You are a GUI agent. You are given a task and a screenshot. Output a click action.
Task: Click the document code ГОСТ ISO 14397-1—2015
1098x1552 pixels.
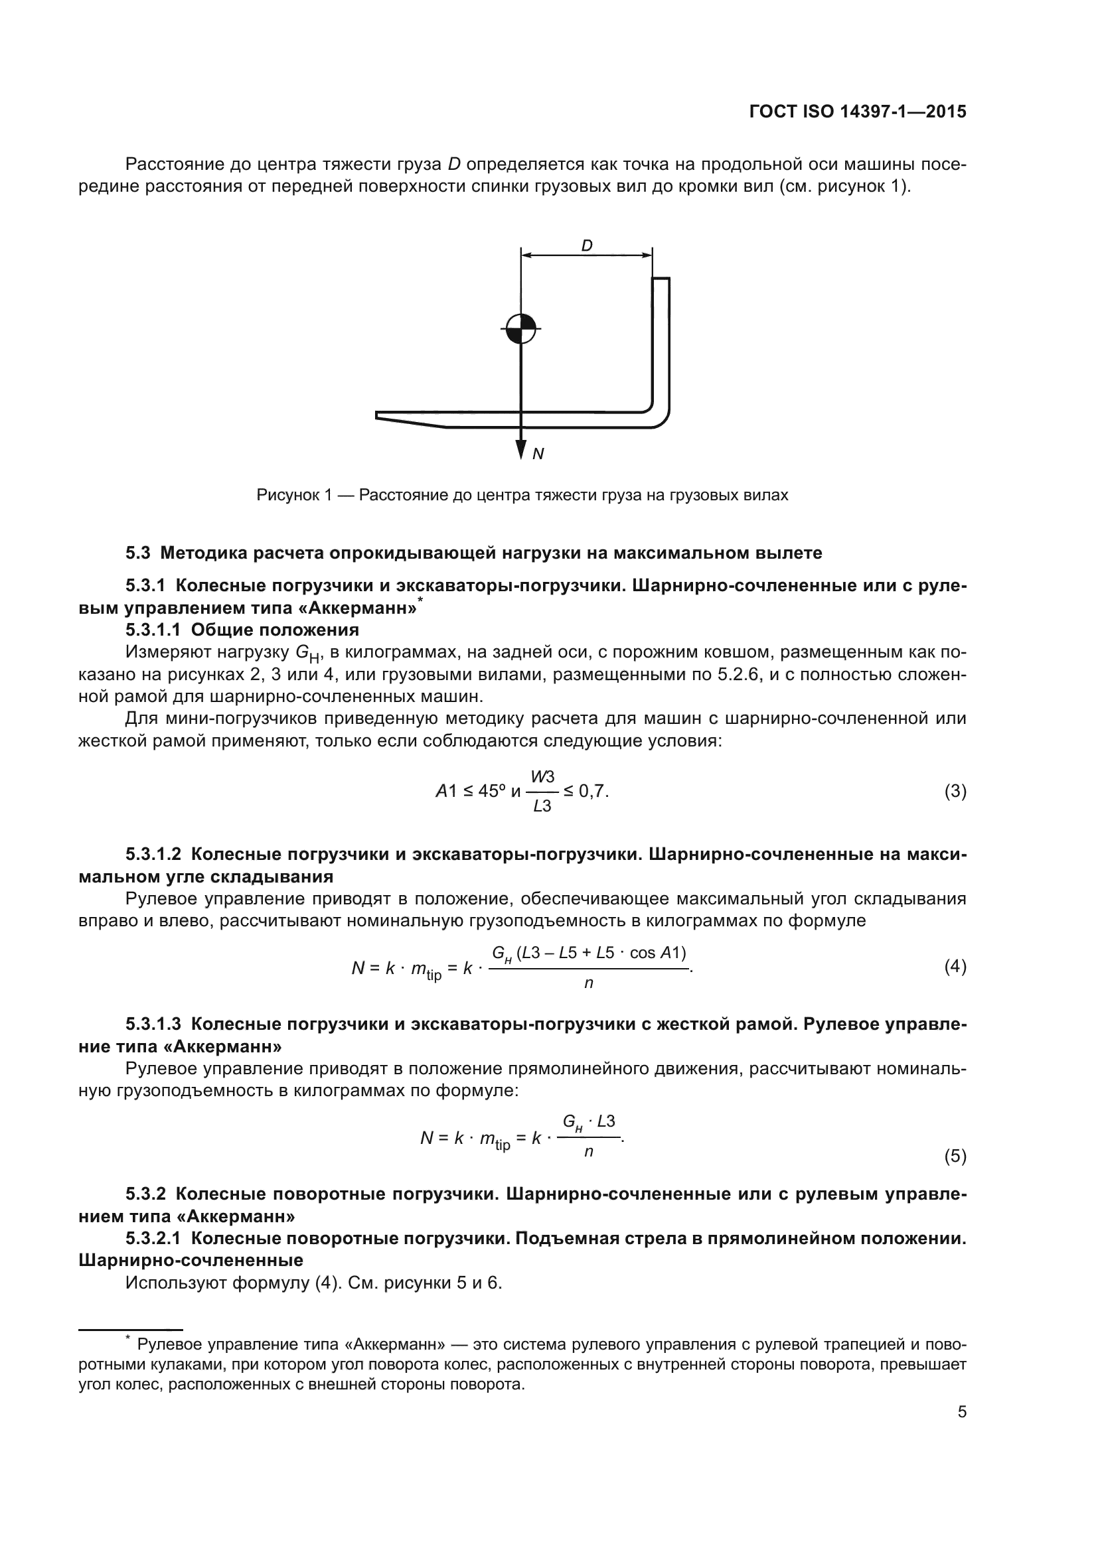[857, 111]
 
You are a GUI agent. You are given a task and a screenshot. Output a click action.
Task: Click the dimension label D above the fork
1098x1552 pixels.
[587, 246]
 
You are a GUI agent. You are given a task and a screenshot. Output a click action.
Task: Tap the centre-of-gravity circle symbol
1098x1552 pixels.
[520, 329]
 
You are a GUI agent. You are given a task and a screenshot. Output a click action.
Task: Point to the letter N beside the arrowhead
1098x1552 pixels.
[538, 454]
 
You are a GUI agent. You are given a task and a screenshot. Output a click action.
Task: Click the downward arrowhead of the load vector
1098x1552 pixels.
[520, 449]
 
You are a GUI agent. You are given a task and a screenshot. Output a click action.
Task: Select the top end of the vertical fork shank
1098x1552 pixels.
[661, 280]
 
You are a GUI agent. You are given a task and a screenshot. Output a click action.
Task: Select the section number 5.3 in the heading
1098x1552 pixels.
[137, 553]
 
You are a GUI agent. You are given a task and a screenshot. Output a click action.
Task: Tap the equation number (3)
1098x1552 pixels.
[955, 791]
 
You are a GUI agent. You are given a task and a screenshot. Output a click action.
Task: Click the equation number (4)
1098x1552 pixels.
[955, 967]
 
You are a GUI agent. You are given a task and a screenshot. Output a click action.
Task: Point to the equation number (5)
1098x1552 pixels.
[955, 1156]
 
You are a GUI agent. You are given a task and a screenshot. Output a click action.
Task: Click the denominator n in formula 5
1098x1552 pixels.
[588, 1151]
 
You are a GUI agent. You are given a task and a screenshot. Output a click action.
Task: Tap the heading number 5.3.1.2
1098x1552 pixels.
[153, 854]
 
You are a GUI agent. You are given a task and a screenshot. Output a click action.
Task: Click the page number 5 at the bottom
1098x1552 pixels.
[961, 1411]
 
